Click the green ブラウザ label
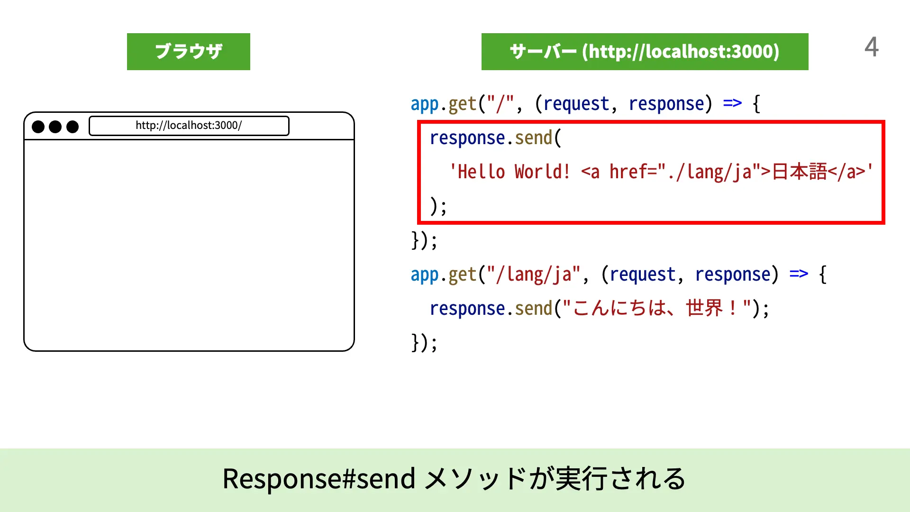pos(189,52)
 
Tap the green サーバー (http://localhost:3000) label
pos(645,52)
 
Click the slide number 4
pos(871,47)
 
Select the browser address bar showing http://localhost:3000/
pos(189,126)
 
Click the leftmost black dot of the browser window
pos(38,127)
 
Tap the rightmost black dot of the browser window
pos(73,127)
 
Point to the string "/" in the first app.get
pos(500,104)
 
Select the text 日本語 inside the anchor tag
pos(799,172)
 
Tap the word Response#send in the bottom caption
pos(318,478)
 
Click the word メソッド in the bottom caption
pos(474,478)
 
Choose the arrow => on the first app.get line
pos(732,103)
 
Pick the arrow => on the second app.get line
pos(799,274)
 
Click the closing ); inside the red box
pos(438,206)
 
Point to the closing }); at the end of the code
pos(424,342)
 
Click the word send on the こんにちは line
pos(534,309)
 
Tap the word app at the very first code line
pos(425,104)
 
